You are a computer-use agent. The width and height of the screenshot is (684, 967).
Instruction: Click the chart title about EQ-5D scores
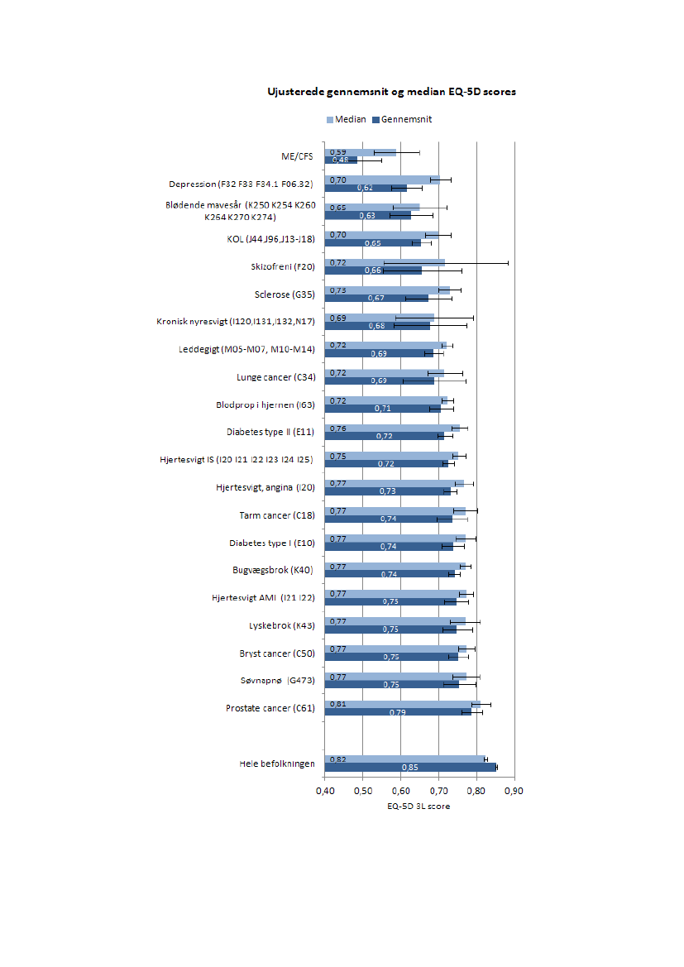click(391, 92)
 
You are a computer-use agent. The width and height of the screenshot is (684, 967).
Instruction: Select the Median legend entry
click(347, 119)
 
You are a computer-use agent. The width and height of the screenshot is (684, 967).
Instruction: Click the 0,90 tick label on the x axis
click(514, 791)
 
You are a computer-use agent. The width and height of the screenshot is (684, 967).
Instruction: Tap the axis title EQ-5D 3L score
click(419, 807)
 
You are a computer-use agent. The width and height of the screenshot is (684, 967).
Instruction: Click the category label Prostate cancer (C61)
click(270, 709)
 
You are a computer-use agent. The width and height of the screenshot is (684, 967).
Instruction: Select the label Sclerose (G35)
click(285, 294)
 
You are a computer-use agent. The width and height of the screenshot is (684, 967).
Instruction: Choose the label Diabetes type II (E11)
click(270, 433)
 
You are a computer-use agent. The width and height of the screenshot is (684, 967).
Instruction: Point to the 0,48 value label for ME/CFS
click(340, 160)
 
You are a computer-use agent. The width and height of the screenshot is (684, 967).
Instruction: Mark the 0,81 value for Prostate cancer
click(337, 704)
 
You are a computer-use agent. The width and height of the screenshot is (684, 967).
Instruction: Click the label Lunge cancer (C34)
click(275, 377)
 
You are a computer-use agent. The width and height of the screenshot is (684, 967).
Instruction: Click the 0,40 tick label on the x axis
click(324, 791)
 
